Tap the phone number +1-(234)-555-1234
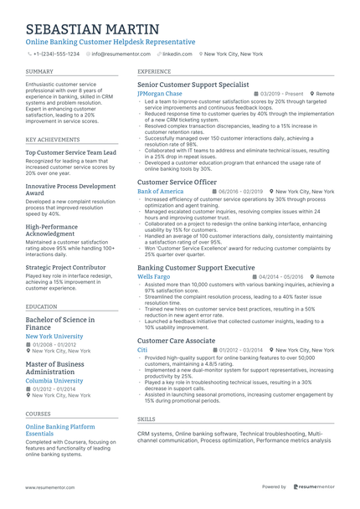pos(56,54)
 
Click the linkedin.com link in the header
pos(177,54)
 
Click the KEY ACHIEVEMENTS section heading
pos(53,139)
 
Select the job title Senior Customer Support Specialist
pos(193,85)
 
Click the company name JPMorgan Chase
pos(159,94)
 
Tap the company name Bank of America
pos(160,192)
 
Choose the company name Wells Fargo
pos(153,276)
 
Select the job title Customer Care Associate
pos(176,341)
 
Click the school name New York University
pos(54,336)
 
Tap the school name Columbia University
pos(54,380)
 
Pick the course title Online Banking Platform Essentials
pos(60,430)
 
